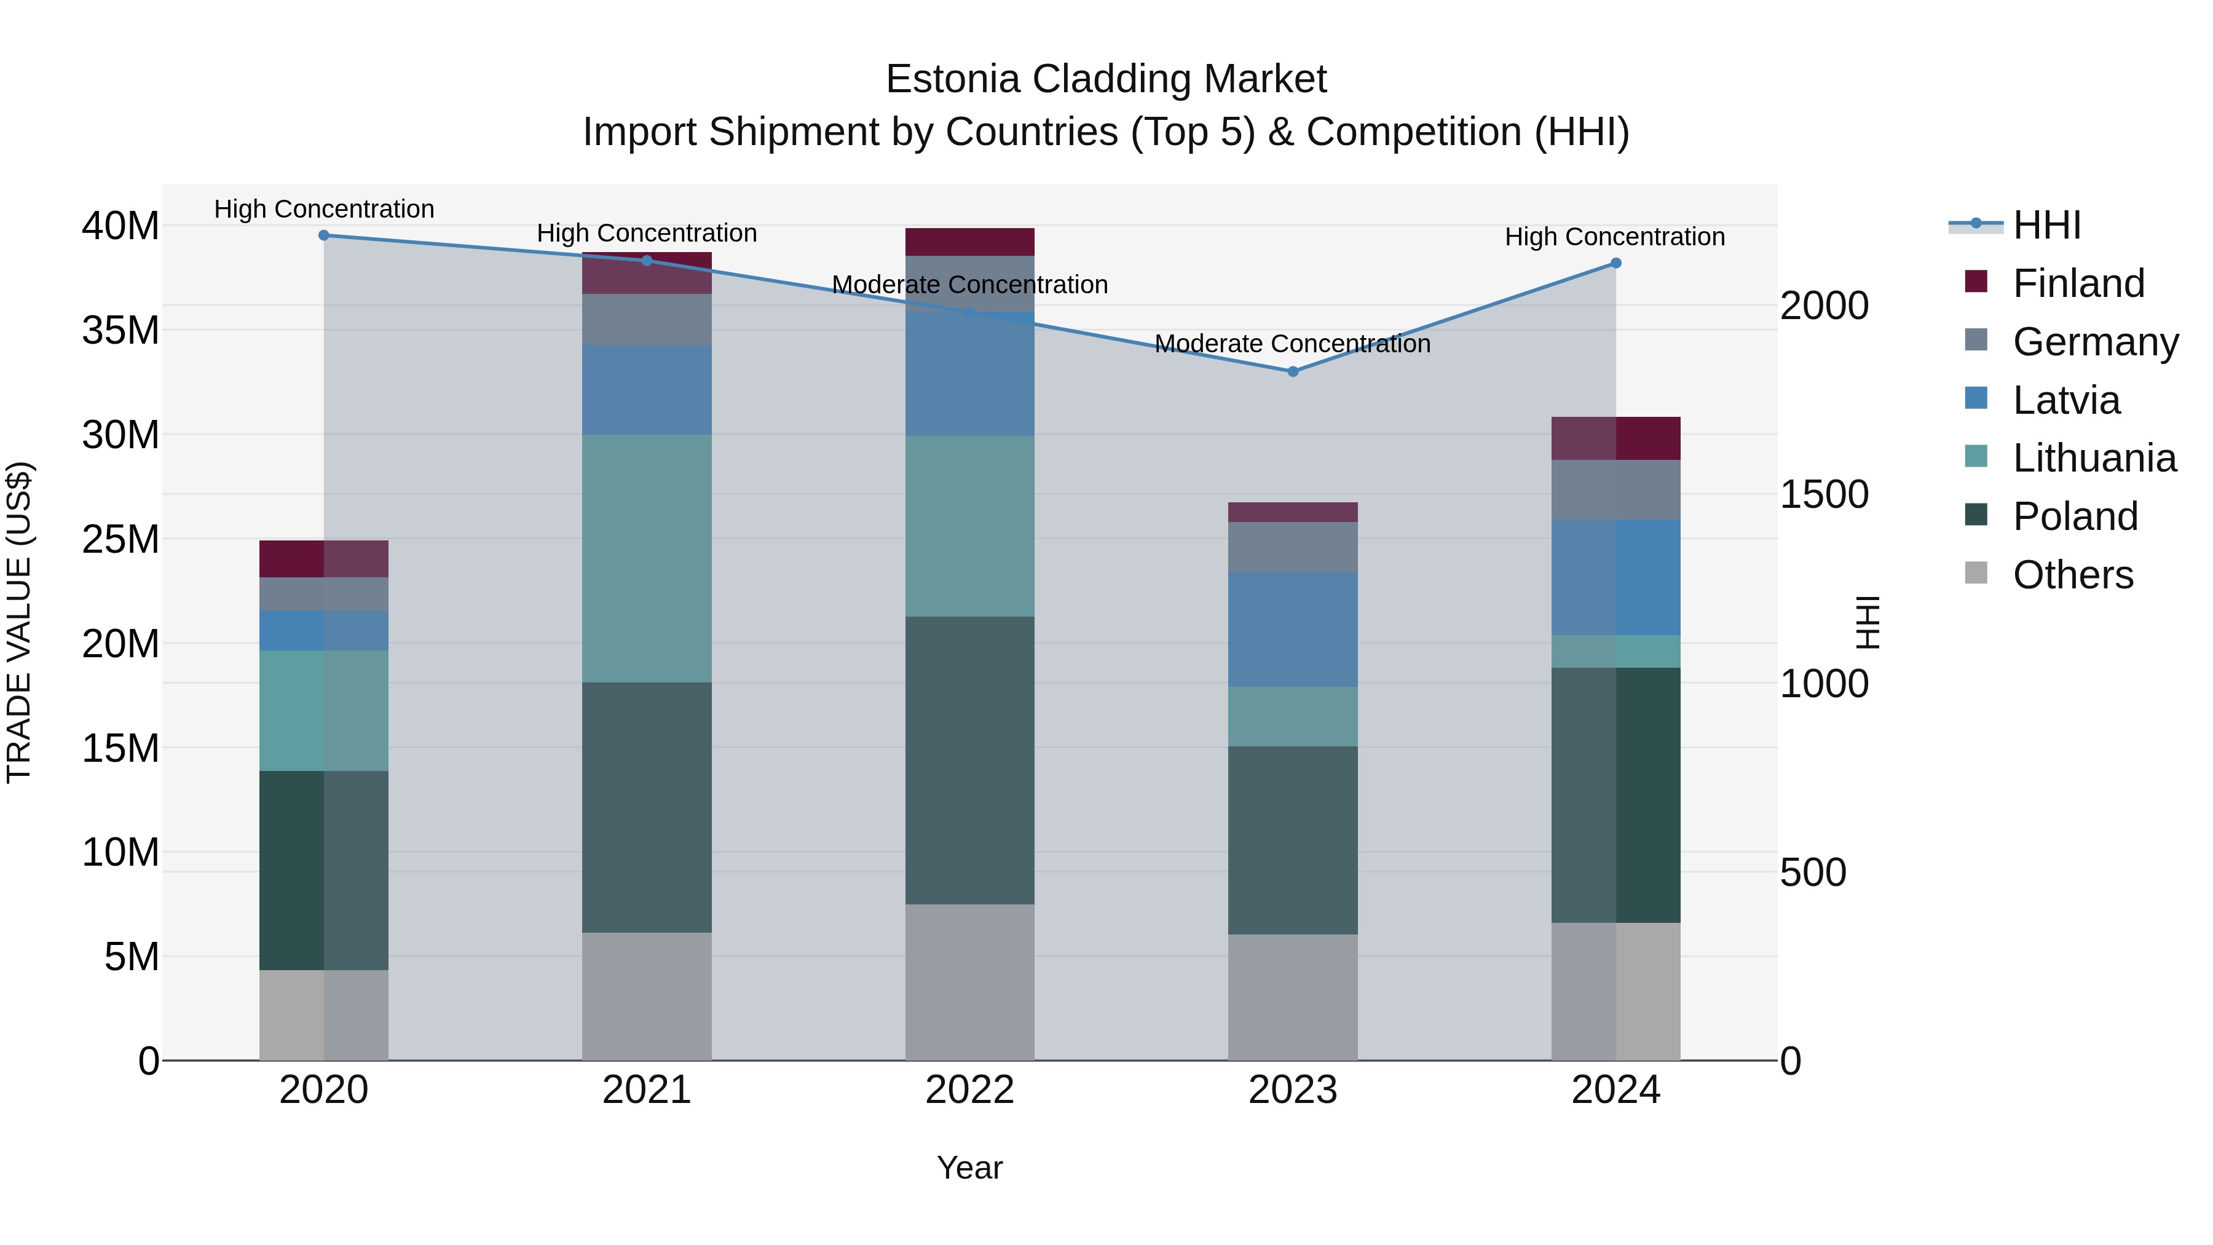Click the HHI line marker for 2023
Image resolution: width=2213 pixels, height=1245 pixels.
[x=1292, y=371]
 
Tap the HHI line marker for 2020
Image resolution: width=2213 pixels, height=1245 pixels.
[x=324, y=235]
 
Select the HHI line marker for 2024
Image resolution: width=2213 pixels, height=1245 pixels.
[x=1615, y=263]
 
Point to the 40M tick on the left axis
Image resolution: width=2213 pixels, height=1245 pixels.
[x=120, y=226]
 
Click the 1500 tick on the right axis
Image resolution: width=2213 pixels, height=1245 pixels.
[x=1823, y=495]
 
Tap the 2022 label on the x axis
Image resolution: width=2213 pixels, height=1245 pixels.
[x=970, y=1090]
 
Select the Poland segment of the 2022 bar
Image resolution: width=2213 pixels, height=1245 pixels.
[x=970, y=761]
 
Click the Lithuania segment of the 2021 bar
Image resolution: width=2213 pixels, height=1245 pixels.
[x=647, y=558]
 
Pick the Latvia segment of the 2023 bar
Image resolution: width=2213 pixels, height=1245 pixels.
[x=1292, y=629]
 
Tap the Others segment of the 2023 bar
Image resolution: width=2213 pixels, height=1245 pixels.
[x=1292, y=997]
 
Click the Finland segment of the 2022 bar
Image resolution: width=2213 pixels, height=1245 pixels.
[x=970, y=242]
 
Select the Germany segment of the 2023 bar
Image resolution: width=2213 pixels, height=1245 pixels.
[x=1292, y=547]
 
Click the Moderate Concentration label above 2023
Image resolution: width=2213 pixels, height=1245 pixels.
[x=1292, y=344]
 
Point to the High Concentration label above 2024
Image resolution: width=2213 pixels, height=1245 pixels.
[x=1614, y=237]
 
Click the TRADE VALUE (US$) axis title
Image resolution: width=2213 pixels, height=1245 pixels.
[x=19, y=622]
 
